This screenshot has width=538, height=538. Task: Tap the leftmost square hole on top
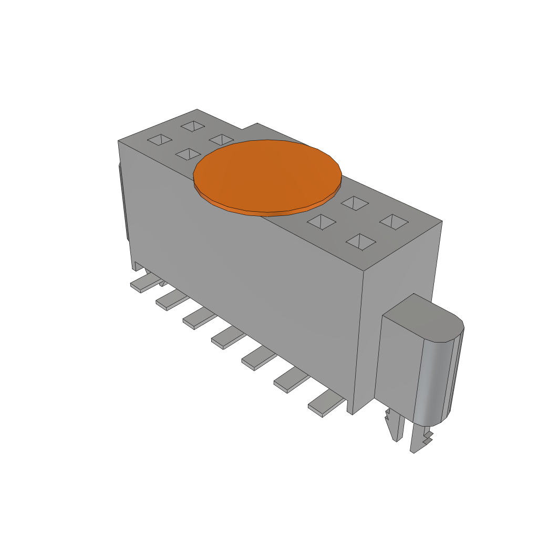point(160,140)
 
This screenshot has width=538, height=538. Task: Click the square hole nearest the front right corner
point(361,242)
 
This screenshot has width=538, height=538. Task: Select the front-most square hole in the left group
point(188,154)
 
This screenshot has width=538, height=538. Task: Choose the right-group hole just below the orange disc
point(322,222)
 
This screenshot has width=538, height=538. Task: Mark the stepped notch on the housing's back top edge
point(249,126)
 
